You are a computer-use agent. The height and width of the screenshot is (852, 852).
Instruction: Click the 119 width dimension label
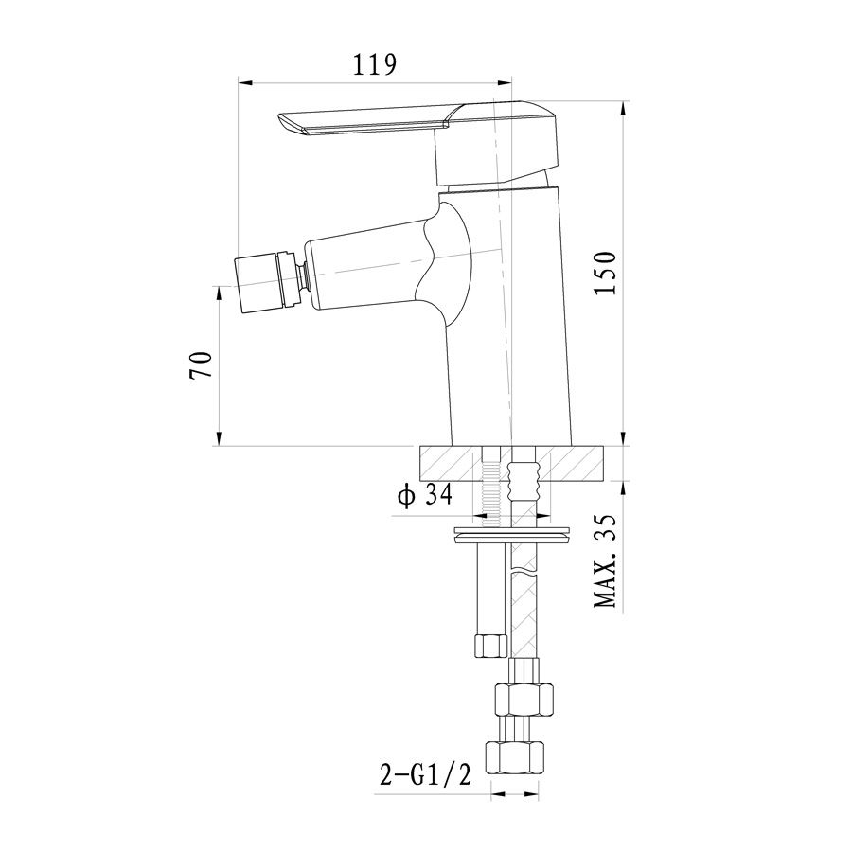tap(376, 65)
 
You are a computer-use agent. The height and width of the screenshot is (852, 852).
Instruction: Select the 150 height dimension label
tap(605, 273)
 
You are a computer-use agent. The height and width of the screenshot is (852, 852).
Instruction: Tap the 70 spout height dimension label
tap(201, 365)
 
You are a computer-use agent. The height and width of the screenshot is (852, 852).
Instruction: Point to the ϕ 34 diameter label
tap(425, 495)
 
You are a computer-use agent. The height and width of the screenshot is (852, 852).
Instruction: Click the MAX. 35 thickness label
tap(605, 560)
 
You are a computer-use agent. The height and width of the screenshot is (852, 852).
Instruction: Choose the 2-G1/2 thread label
tap(425, 775)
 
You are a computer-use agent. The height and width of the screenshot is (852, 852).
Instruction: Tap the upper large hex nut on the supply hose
tap(523, 700)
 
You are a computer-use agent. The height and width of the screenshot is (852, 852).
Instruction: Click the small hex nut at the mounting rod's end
tap(490, 645)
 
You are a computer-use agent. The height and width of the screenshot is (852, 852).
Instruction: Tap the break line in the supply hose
tap(523, 571)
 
